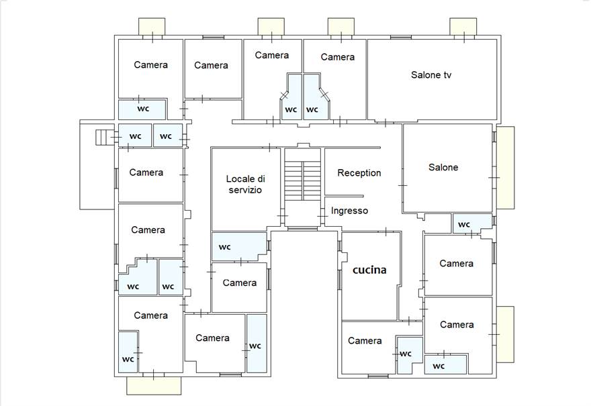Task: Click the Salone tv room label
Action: coord(430,75)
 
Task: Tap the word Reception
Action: coord(359,173)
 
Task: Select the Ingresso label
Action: coord(349,211)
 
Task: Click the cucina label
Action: coord(369,270)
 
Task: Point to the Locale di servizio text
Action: coord(245,184)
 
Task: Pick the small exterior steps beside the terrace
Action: coord(102,137)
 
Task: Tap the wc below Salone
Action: coord(472,223)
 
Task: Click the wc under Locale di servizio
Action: coord(239,247)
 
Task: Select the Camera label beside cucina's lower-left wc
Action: coord(365,341)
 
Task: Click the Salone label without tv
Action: coord(443,167)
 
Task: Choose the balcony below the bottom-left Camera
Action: coord(154,386)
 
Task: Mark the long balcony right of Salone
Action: coord(506,168)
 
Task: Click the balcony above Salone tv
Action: coord(463,27)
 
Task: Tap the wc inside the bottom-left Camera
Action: coord(128,352)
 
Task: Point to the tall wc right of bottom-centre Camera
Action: coord(257,343)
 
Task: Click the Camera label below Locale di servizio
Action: coord(239,283)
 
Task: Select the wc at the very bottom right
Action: coord(445,364)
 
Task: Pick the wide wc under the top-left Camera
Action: coord(142,109)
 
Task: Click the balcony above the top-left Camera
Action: coord(152,27)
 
